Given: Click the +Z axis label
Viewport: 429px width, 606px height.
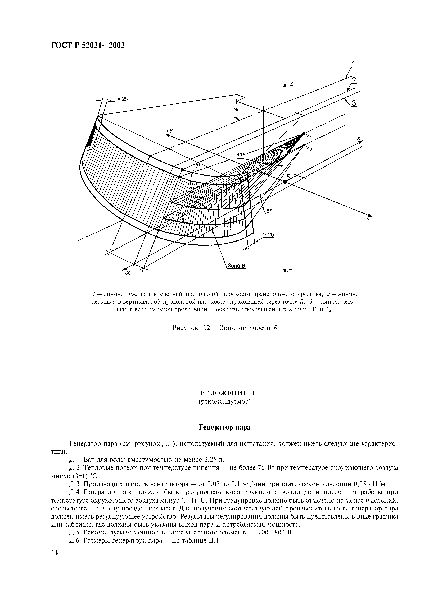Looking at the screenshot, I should point(290,84).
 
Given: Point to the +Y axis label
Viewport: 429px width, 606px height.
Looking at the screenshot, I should point(169,131).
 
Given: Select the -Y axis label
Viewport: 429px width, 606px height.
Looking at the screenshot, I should point(367,220).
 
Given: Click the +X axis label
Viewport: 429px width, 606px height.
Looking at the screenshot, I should point(357,138).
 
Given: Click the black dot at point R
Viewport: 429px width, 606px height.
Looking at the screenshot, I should point(285,182).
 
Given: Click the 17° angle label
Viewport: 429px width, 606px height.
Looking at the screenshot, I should point(241,155).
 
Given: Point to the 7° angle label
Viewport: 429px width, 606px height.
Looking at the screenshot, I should point(198,166).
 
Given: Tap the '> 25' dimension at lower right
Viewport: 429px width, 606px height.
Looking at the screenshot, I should point(269,235).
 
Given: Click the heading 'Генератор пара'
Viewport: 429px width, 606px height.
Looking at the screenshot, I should point(224,427).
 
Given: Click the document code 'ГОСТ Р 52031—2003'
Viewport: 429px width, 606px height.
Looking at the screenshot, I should point(88,45).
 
